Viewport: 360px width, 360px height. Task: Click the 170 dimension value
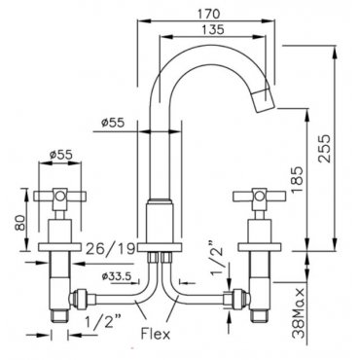coord(208,14)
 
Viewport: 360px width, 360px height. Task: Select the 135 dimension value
coord(213,29)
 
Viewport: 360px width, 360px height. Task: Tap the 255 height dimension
coord(324,149)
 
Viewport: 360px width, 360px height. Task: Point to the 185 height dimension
coord(297,180)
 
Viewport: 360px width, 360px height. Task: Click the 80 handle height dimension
coord(20,223)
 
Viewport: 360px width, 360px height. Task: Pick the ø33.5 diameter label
coord(117,276)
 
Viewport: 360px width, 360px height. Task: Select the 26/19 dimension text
coord(110,249)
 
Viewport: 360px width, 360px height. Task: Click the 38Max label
coord(299,313)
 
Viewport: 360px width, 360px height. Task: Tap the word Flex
coord(156,334)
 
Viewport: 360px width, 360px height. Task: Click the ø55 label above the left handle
coord(61,155)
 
